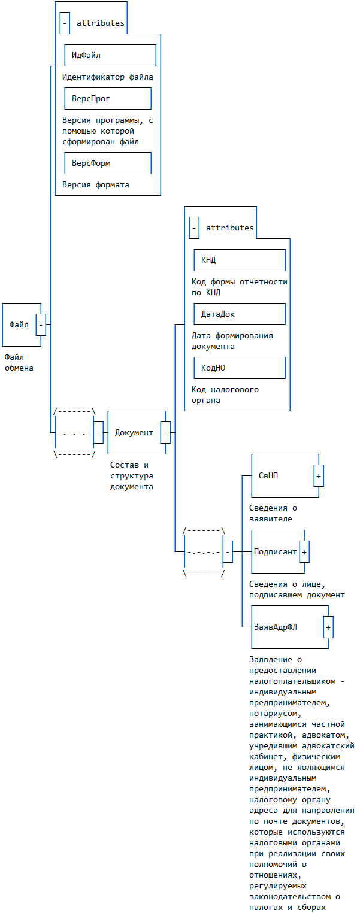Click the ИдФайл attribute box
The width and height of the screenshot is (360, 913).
(110, 55)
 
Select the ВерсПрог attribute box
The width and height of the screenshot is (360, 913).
(108, 98)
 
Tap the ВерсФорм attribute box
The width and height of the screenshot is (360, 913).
(108, 163)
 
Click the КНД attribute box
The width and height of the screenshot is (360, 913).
(240, 260)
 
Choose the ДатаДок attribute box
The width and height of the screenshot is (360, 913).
(240, 314)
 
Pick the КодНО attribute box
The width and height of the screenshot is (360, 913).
(240, 368)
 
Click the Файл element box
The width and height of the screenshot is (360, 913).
(20, 324)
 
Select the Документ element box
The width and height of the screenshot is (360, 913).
(134, 432)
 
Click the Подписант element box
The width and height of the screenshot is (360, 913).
(275, 551)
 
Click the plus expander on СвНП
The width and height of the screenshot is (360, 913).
(319, 475)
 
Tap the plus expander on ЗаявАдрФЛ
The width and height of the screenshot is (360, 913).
(328, 627)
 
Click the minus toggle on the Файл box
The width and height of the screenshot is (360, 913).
(41, 324)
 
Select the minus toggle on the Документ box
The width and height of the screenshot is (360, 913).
(165, 432)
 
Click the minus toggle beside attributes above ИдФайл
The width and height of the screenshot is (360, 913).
(65, 23)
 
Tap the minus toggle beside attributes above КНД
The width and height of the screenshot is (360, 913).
(194, 228)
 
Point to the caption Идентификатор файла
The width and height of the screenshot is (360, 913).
(108, 77)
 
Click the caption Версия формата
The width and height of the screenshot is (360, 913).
(96, 185)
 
